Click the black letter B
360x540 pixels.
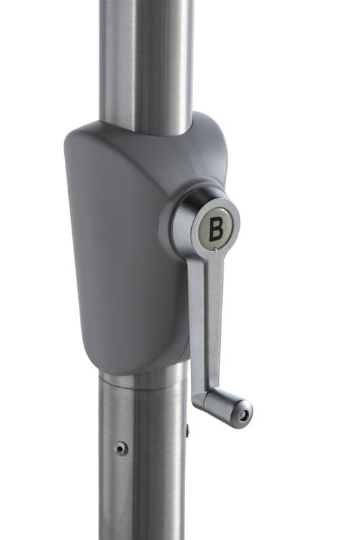[216, 227]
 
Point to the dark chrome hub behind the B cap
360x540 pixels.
[182, 221]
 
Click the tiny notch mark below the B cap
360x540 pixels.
[215, 250]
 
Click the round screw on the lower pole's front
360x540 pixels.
[121, 448]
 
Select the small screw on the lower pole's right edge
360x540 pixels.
[187, 430]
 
